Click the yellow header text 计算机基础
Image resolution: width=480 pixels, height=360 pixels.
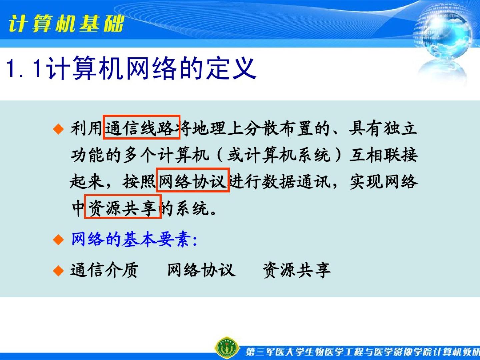(x=66, y=24)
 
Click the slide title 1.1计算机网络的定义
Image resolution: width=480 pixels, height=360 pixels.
(x=131, y=68)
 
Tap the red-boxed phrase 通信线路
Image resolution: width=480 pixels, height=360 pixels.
(x=141, y=127)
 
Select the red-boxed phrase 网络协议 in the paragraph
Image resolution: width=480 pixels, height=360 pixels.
(x=193, y=180)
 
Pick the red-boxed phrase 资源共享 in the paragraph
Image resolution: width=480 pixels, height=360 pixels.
(x=123, y=207)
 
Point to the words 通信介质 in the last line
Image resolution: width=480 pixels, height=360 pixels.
(x=104, y=270)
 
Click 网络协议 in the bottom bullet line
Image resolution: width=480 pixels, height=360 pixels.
(x=201, y=270)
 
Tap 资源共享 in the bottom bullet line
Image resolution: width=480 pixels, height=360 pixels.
(x=297, y=270)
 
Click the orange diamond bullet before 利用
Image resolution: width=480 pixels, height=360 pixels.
(x=58, y=129)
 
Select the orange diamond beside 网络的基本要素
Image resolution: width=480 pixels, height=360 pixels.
(x=58, y=240)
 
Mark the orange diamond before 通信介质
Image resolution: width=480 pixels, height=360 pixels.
(x=58, y=271)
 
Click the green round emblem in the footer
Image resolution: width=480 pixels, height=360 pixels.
(x=227, y=348)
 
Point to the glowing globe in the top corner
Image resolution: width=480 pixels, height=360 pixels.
(x=443, y=33)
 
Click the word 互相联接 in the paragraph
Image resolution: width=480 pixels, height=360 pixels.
(x=384, y=155)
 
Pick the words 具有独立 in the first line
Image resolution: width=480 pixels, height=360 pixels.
(x=383, y=128)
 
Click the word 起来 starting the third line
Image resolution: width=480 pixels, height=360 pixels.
(x=87, y=182)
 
